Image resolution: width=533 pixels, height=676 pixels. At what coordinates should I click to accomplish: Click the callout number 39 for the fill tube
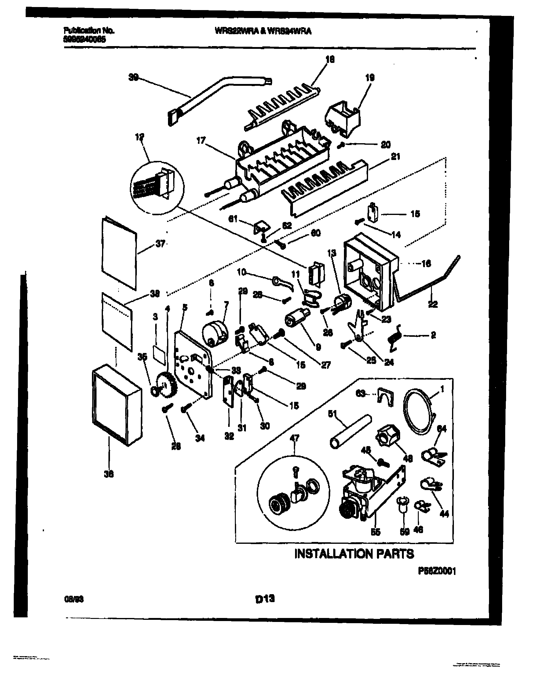133,78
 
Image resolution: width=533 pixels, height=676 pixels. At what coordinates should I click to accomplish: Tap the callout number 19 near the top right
370,78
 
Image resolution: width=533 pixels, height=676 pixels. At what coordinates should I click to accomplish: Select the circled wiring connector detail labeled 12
157,188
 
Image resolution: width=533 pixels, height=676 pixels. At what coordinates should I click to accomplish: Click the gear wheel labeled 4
167,386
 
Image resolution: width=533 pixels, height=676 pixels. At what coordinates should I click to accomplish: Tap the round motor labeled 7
215,335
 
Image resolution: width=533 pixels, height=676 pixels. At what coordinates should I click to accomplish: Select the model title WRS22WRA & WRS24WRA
263,31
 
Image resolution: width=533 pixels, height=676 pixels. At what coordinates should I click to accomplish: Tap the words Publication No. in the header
89,31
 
